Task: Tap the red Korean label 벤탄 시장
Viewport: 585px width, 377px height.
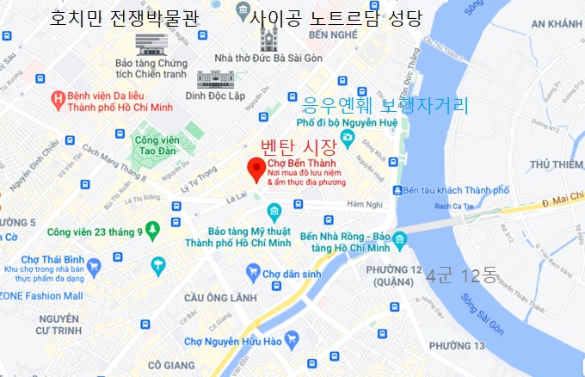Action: (x=297, y=146)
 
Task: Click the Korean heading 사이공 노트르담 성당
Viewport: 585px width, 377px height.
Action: (x=336, y=16)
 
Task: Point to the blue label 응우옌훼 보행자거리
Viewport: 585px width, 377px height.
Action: (x=385, y=106)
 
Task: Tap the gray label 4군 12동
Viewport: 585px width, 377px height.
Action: (x=467, y=275)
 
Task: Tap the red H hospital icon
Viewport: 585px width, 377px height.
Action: (x=58, y=98)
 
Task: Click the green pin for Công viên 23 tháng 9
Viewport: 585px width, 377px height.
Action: (x=153, y=230)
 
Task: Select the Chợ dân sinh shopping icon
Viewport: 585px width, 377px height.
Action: (x=253, y=273)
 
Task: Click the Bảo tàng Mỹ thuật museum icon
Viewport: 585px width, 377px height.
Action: (x=273, y=211)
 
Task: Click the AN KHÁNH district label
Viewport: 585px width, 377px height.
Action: (x=557, y=24)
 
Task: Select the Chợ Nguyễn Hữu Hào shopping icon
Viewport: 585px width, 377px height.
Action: (x=292, y=339)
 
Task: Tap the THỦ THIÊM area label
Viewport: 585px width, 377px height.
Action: (x=557, y=164)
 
